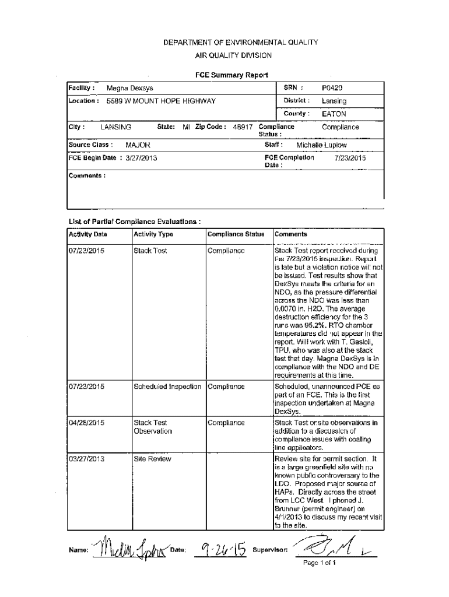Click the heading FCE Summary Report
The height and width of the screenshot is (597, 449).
click(231, 75)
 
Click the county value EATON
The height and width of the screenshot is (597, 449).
click(334, 114)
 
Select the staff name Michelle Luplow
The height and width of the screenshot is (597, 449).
click(321, 145)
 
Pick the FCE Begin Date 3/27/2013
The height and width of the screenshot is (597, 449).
click(138, 158)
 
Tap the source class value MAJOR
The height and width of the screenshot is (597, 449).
click(138, 145)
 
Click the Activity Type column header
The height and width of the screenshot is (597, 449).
click(153, 234)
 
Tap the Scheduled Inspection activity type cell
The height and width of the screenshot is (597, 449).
click(167, 386)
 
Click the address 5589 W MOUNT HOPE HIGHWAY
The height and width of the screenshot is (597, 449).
click(161, 101)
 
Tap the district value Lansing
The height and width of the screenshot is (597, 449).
click(334, 101)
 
